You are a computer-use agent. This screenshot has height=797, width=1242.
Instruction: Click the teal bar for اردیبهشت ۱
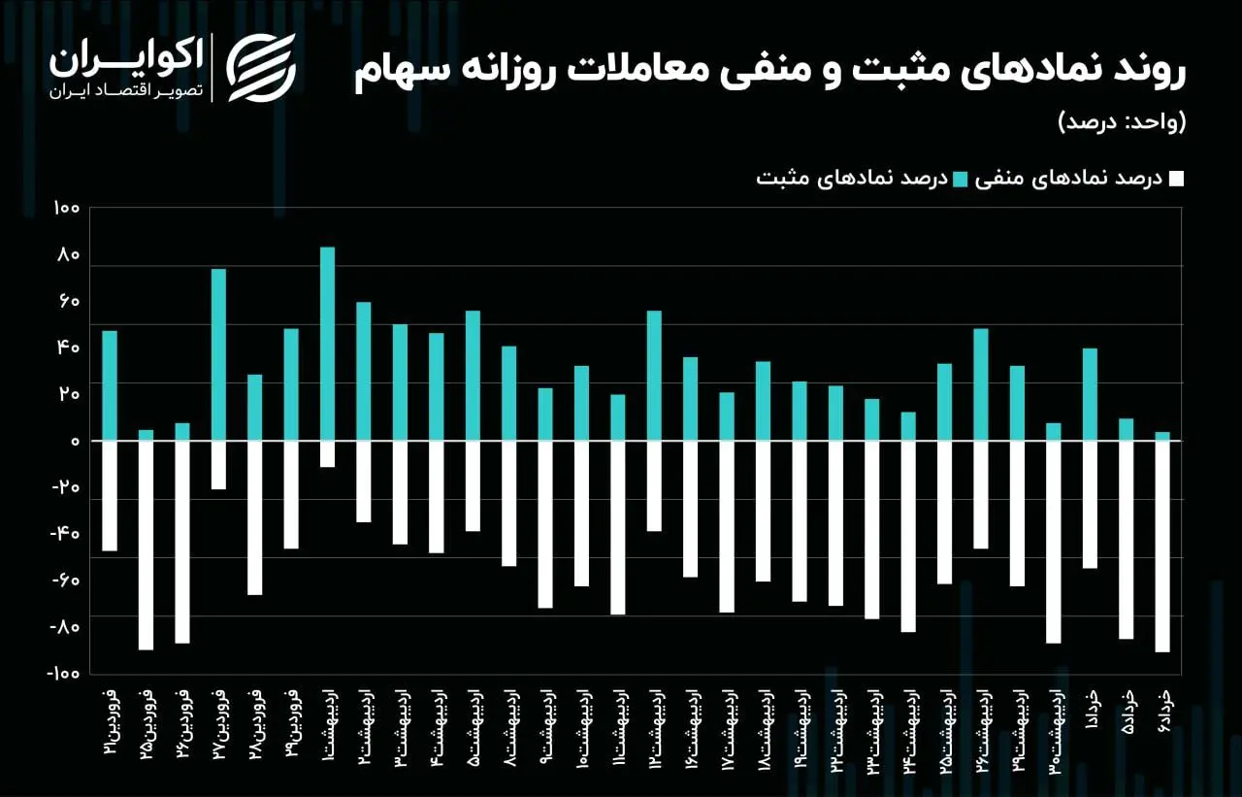click(x=327, y=344)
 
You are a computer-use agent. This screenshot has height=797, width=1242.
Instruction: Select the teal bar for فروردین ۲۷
click(x=218, y=354)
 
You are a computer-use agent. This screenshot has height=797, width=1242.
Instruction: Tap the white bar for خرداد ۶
click(x=1162, y=546)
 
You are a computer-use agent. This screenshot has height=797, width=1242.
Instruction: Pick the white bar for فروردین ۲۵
click(x=146, y=545)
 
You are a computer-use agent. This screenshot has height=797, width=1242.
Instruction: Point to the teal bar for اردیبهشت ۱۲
click(x=654, y=376)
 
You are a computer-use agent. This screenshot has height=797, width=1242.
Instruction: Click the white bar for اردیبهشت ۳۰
click(x=1054, y=542)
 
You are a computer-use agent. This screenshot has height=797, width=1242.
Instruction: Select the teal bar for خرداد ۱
click(x=1090, y=394)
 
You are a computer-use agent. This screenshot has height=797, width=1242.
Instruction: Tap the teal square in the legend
click(x=961, y=179)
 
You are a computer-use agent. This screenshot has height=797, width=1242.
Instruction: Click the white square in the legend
click(x=1176, y=179)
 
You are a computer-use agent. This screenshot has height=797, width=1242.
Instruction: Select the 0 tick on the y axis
click(x=74, y=442)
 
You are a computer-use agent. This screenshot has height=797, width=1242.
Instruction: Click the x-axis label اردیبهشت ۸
click(x=508, y=725)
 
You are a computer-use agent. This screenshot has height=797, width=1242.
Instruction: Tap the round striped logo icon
click(x=261, y=66)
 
